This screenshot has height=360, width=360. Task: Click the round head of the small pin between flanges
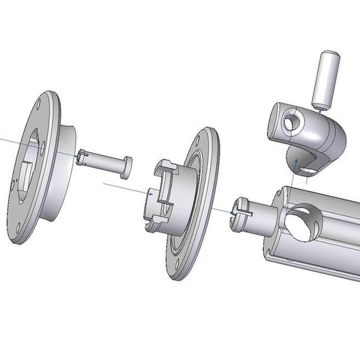127,166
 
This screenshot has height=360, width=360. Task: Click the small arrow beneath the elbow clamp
298,161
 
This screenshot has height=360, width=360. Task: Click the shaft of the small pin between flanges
105,160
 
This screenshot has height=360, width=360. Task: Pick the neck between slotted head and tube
262,217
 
